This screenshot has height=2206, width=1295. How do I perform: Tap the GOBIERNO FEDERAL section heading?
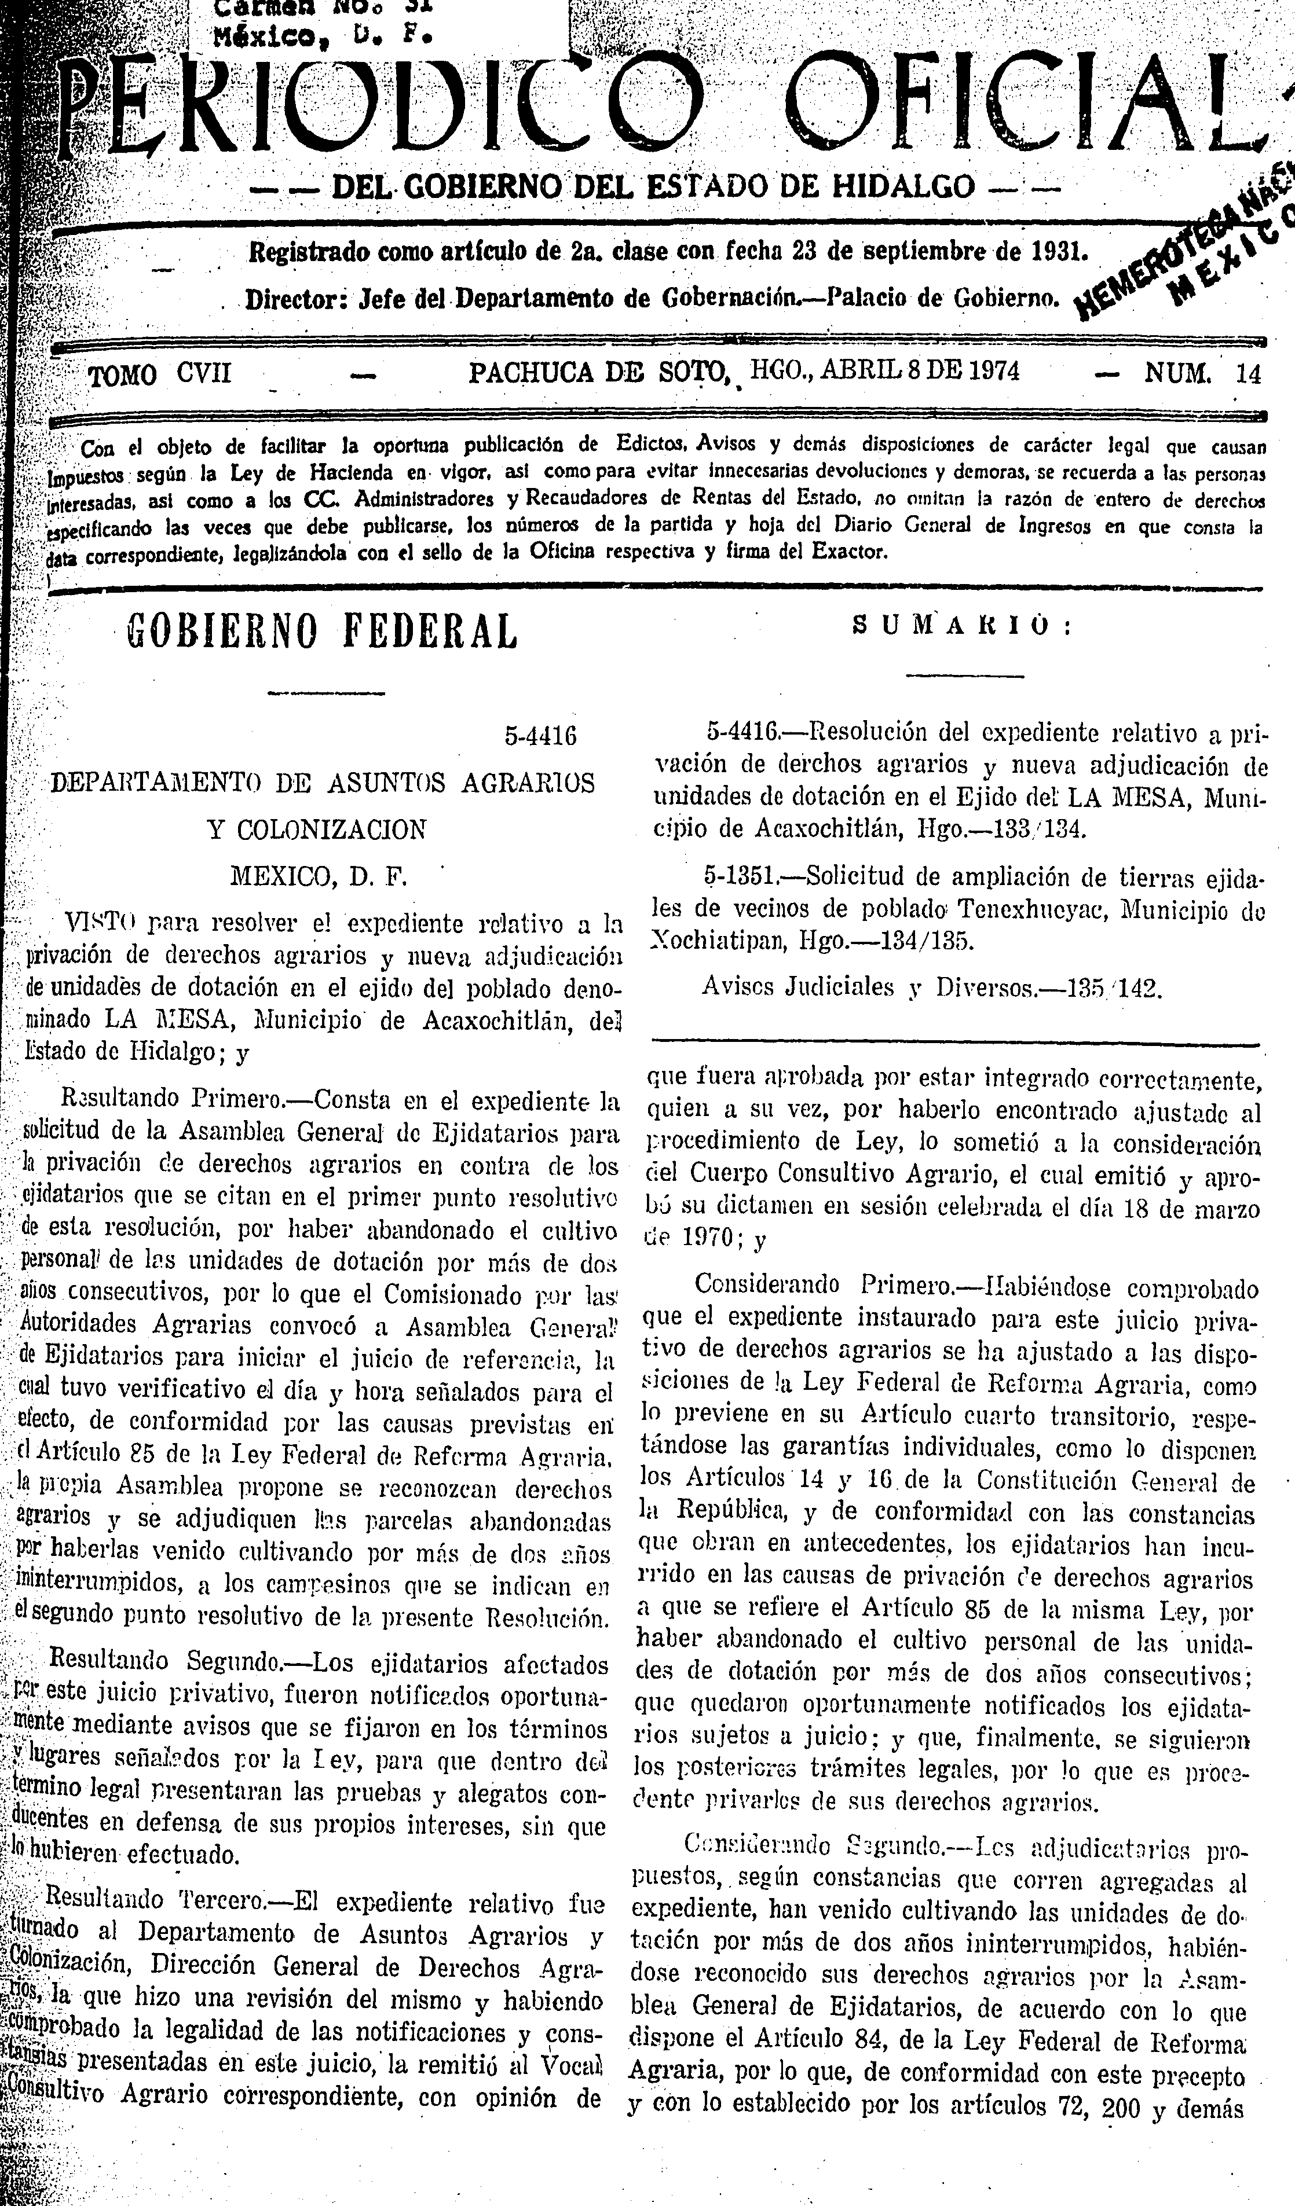[x=322, y=631]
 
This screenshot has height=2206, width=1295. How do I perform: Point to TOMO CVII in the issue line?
[x=160, y=375]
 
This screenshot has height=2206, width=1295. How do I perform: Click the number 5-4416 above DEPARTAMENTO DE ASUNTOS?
[x=540, y=736]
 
